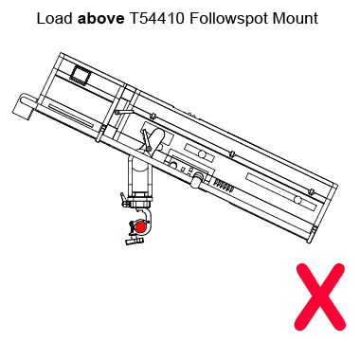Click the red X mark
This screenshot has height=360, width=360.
coord(319,297)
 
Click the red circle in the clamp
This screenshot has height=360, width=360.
coord(139,226)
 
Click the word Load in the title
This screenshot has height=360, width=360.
coord(53,18)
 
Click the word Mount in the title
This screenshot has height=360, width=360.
coord(295,18)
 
